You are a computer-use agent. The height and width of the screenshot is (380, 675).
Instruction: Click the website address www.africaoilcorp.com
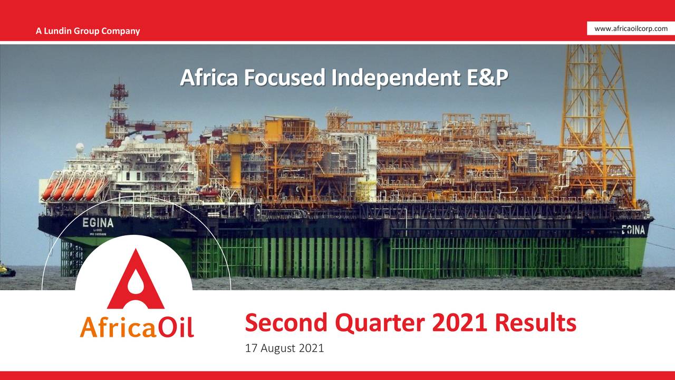631,28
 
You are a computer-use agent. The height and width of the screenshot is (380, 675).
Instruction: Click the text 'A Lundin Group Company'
88,31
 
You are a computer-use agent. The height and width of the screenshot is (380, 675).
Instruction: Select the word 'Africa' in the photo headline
205,78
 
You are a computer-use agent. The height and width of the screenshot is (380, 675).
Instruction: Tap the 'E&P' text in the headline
487,78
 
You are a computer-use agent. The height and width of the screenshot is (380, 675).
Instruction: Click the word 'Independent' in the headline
395,78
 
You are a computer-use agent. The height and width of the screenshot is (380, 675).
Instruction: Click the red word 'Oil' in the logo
175,327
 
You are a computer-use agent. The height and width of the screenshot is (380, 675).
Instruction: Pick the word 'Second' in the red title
285,323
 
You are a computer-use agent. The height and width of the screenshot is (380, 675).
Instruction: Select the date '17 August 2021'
284,348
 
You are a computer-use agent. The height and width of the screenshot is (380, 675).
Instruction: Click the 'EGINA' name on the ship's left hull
98,223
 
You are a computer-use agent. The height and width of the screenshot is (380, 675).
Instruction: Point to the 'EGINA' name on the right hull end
633,230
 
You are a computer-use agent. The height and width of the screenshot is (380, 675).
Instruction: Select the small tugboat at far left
6,271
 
